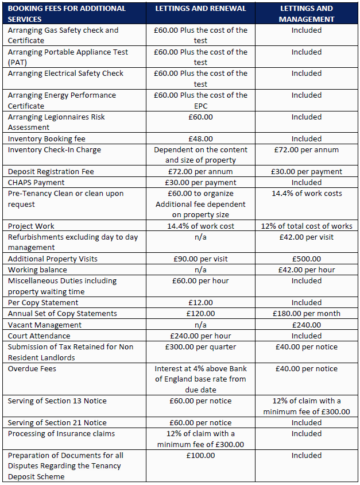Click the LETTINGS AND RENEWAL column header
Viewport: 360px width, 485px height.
[200, 9]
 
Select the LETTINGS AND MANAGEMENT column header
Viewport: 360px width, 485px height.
[307, 14]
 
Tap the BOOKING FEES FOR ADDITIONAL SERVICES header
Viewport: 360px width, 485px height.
[67, 14]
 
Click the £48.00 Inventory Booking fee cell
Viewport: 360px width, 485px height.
[200, 138]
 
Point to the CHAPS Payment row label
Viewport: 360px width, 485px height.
[36, 182]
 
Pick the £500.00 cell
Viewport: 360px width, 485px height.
[307, 259]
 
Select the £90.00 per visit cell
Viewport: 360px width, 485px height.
[200, 259]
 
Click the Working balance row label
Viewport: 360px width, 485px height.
[37, 270]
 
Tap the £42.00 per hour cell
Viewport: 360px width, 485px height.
[307, 270]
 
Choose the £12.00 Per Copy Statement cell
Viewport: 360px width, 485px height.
[200, 302]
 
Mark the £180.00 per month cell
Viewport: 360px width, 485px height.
[307, 313]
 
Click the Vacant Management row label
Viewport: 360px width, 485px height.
[45, 325]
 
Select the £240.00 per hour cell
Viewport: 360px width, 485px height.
[200, 336]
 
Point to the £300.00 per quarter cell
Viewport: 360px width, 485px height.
[200, 347]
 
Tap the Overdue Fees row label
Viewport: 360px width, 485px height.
[32, 368]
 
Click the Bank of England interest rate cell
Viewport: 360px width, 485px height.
[200, 379]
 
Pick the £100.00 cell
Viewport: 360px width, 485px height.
[200, 455]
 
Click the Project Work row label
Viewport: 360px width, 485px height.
[32, 226]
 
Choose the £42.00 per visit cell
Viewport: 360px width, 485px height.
[307, 237]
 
